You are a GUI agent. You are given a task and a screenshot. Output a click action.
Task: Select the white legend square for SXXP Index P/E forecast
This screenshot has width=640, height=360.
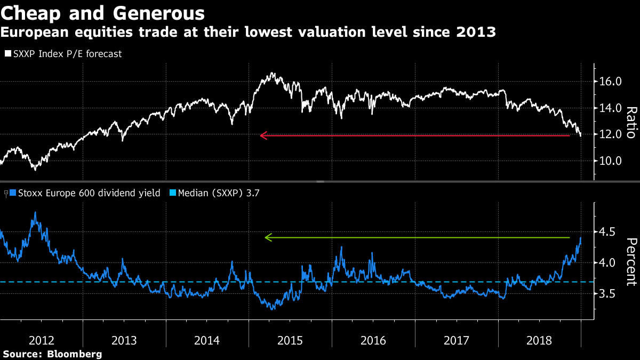(x=8, y=54)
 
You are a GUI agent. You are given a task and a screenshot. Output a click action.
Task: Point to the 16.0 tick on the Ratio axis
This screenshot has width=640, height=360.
(x=610, y=82)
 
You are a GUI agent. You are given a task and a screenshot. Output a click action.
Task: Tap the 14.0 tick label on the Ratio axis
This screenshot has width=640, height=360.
(x=610, y=108)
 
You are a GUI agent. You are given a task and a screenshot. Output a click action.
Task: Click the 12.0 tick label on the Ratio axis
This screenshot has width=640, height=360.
(x=610, y=134)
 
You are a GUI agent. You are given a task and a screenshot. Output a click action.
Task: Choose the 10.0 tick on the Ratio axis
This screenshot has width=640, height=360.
(x=610, y=161)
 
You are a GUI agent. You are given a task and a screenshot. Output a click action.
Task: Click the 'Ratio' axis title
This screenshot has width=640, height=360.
(x=631, y=123)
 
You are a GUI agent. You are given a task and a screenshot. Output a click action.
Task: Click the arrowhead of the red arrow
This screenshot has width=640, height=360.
(x=262, y=135)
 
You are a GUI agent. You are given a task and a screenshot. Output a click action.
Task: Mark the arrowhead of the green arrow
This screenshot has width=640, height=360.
(x=268, y=237)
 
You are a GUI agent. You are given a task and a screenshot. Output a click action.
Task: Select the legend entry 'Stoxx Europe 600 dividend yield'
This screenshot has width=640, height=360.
(x=89, y=193)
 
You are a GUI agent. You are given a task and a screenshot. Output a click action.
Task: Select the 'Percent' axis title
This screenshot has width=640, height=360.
(x=631, y=263)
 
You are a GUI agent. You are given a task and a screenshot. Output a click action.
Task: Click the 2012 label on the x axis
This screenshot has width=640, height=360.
(x=41, y=340)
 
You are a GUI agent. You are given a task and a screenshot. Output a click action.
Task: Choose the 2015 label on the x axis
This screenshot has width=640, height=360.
(x=290, y=340)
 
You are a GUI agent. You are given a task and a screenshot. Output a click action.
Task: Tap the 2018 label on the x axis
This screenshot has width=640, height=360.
(x=539, y=340)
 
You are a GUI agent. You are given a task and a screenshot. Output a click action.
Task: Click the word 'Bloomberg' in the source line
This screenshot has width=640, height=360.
(x=76, y=354)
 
